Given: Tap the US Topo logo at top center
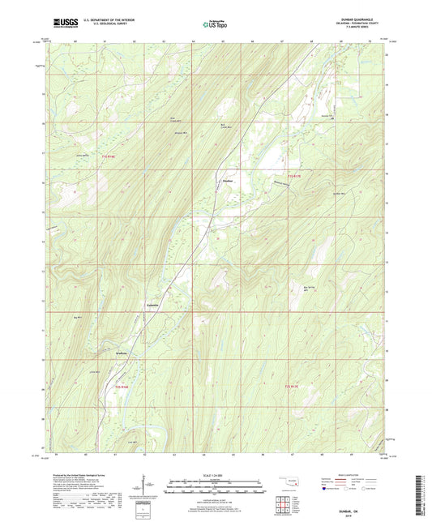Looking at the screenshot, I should point(216,24).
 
